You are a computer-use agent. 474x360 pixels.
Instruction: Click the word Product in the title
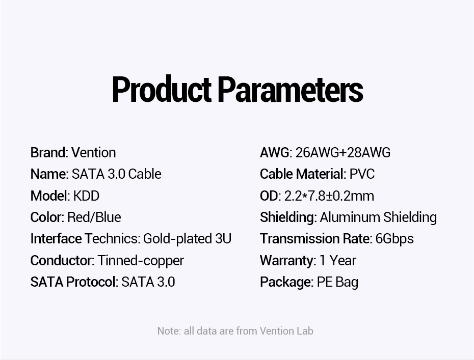tap(162, 89)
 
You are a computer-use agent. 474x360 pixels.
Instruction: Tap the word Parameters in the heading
tap(290, 89)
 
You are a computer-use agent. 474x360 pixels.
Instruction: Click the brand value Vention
tap(94, 153)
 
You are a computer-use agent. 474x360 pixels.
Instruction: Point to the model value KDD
tap(86, 196)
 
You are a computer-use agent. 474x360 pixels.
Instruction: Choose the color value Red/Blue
tap(94, 217)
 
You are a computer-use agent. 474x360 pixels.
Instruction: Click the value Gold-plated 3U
tap(187, 239)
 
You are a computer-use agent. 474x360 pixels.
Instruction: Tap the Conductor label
tap(63, 260)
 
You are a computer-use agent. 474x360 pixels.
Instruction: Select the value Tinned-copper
tap(141, 261)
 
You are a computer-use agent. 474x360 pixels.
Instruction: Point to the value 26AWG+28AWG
tap(343, 153)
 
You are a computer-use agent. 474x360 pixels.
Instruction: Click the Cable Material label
tap(303, 174)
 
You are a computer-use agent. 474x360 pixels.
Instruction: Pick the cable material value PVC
tap(362, 174)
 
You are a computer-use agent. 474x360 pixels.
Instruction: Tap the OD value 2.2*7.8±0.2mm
tap(329, 196)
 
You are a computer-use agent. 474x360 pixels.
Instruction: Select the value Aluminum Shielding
tap(378, 217)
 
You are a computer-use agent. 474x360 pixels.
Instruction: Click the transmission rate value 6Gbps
tap(394, 239)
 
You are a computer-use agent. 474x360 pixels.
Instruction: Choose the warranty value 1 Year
tap(338, 260)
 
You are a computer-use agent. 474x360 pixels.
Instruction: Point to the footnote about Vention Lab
tap(235, 331)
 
